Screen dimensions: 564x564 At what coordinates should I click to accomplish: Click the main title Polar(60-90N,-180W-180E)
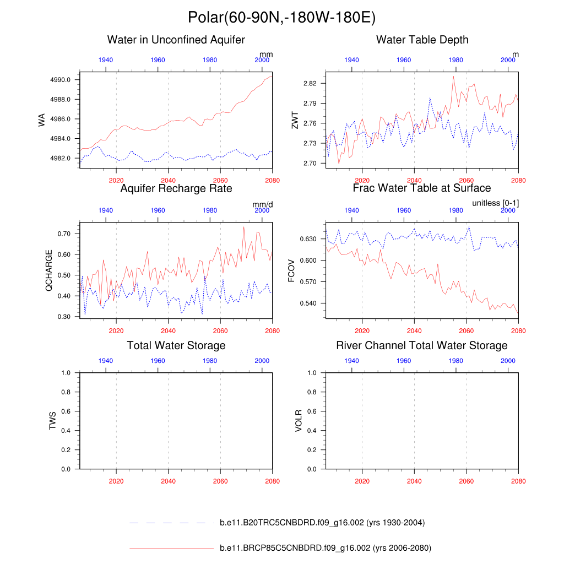(281, 18)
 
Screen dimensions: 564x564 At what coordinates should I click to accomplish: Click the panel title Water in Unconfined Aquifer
(176, 40)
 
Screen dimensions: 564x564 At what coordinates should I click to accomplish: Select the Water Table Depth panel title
(422, 40)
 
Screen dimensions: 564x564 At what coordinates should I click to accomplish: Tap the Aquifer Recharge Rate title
(176, 189)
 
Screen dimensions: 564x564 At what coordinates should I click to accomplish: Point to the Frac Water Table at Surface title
(422, 188)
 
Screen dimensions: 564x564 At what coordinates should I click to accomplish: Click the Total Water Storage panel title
(176, 345)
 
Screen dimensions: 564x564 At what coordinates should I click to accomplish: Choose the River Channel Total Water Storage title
(422, 345)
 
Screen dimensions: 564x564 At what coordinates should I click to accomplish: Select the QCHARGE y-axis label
(50, 270)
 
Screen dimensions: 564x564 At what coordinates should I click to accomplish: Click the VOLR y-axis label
(299, 420)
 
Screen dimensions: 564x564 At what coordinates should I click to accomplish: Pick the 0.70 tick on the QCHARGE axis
(66, 234)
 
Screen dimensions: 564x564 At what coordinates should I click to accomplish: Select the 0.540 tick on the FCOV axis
(309, 303)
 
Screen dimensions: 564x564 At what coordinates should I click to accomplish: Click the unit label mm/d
(263, 204)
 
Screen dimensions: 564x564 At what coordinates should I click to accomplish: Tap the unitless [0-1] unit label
(495, 203)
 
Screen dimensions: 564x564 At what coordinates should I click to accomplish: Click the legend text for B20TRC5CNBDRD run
(322, 523)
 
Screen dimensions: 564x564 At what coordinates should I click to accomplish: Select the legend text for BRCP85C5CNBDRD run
(325, 548)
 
